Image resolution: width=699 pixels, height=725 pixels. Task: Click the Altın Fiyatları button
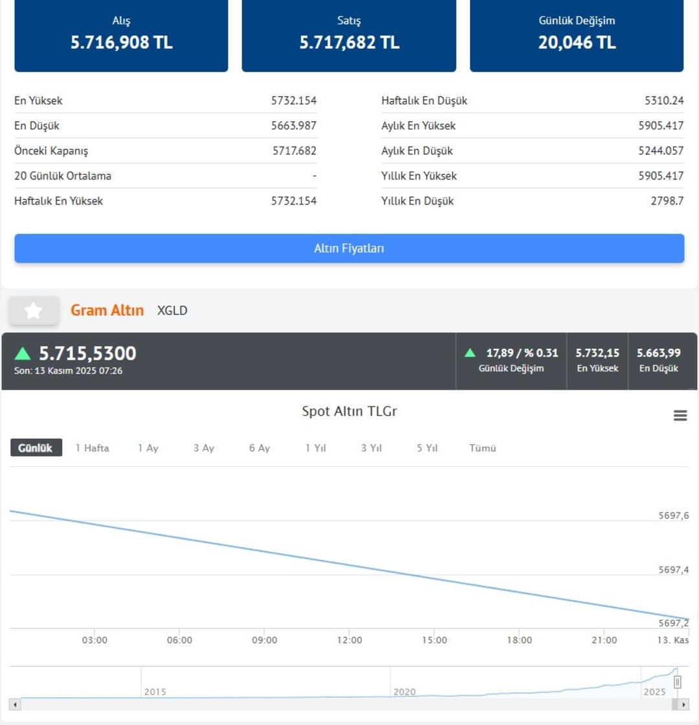[349, 249]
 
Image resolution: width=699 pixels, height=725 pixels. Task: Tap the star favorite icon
[34, 311]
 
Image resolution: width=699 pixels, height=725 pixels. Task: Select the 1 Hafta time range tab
[92, 448]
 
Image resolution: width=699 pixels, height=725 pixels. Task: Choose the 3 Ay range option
[203, 448]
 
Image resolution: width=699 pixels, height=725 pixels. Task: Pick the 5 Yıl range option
[427, 448]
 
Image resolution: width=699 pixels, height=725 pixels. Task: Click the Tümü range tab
[483, 448]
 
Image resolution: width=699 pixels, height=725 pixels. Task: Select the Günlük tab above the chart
[36, 448]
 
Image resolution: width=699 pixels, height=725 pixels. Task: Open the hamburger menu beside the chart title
[680, 416]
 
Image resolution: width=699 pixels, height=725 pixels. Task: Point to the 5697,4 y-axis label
[673, 570]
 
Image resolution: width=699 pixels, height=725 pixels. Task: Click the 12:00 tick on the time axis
[349, 640]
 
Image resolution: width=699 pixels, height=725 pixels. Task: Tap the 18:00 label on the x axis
[519, 640]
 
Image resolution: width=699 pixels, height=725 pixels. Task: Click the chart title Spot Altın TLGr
[349, 412]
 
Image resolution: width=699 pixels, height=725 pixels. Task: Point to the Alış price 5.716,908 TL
[122, 43]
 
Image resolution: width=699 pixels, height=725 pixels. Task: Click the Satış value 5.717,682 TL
[349, 43]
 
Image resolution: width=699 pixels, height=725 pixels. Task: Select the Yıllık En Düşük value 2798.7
[667, 201]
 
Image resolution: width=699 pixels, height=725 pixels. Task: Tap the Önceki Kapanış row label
[51, 151]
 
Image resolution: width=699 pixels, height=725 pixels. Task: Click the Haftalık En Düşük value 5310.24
[664, 101]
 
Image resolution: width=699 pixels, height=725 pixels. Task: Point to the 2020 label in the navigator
[405, 692]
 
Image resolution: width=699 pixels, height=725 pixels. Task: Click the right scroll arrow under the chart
[685, 704]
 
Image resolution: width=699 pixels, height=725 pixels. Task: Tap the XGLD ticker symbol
[172, 311]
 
